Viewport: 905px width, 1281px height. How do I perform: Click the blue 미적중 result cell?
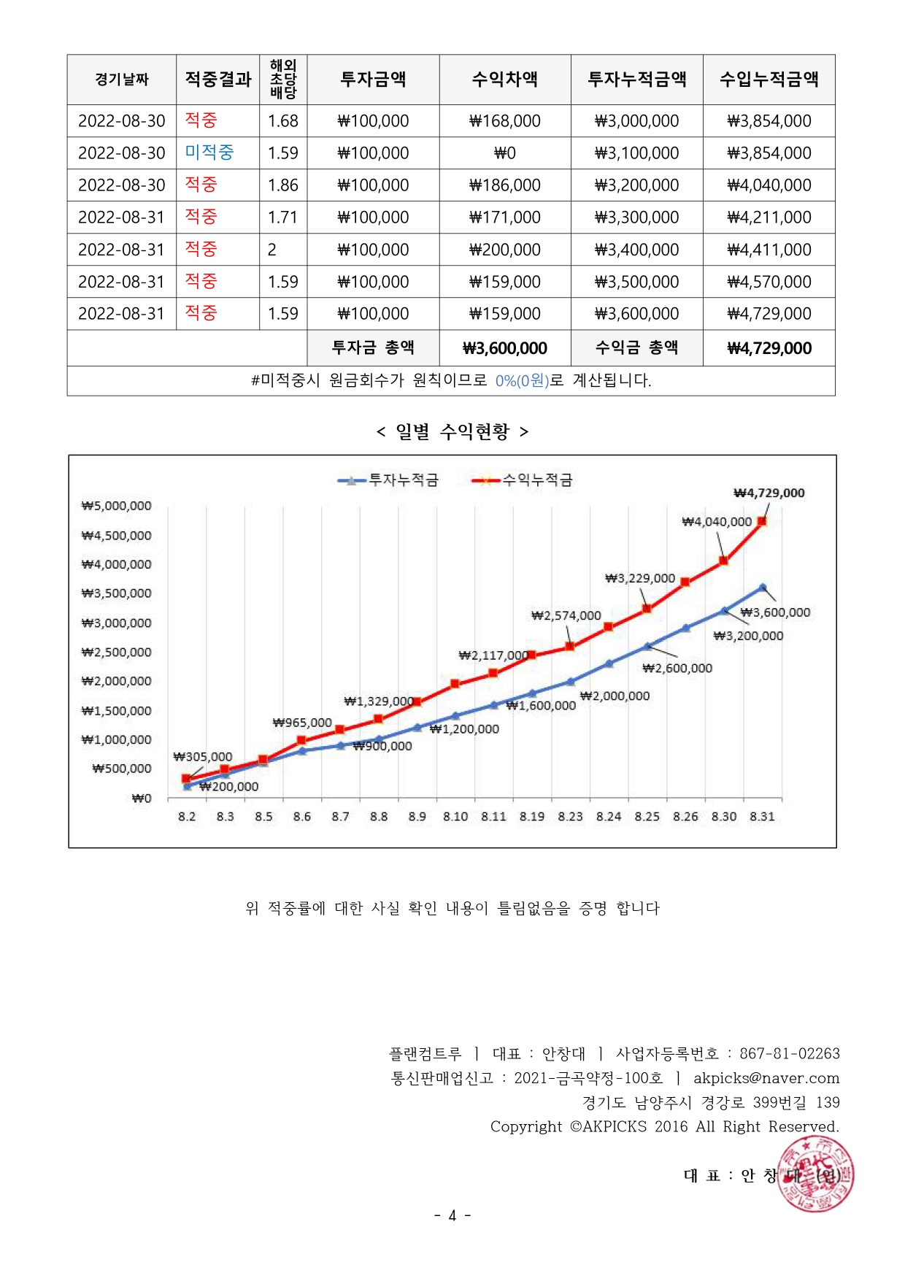(x=209, y=153)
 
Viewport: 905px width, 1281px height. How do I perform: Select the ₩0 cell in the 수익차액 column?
(x=505, y=153)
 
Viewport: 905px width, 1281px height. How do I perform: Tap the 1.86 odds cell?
(x=283, y=185)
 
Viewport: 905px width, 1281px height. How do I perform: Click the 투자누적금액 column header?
(x=636, y=79)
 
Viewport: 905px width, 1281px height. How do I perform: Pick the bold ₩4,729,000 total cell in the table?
(x=769, y=348)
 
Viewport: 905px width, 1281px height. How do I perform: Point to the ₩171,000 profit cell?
(x=505, y=218)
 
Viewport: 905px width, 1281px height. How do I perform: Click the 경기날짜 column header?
(x=122, y=79)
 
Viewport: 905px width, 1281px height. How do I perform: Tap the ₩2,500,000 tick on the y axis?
(x=117, y=652)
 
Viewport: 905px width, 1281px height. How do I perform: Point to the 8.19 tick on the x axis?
(x=532, y=817)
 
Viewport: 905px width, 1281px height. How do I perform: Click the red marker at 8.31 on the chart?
(x=762, y=521)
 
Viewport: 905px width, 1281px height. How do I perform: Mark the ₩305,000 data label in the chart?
(x=203, y=757)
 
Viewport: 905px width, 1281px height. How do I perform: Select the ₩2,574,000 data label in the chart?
(x=566, y=615)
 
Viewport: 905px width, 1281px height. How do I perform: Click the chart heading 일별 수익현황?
(x=452, y=431)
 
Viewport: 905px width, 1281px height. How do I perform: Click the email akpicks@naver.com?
(x=766, y=1078)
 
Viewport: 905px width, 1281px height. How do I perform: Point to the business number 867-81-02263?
(x=790, y=1053)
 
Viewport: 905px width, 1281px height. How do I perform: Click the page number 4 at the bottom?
(x=452, y=1215)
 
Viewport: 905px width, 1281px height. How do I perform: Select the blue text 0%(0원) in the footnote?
(x=522, y=380)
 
